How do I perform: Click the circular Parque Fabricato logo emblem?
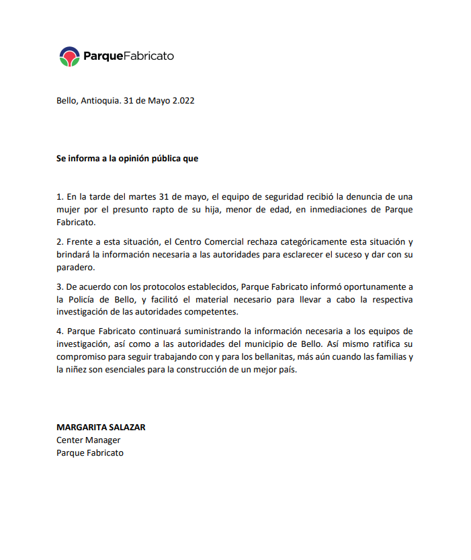[69, 56]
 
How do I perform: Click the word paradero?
[75, 267]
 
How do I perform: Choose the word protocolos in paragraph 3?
[136, 286]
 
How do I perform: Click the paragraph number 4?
[59, 331]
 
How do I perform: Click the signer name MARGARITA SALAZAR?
[101, 427]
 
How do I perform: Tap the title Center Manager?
[88, 440]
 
